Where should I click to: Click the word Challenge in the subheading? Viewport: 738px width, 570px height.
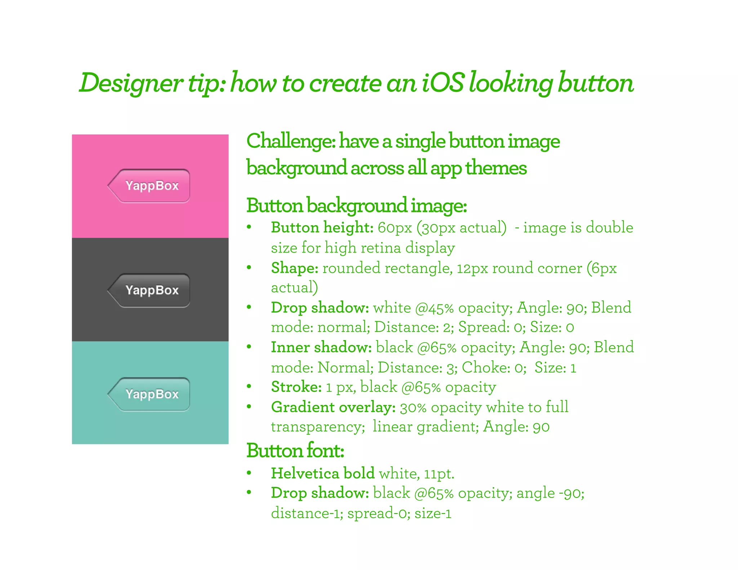pos(290,141)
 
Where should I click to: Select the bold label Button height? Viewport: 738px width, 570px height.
pos(322,228)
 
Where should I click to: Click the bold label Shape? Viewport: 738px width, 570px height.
pos(294,268)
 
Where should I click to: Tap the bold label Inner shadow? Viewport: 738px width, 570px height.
pos(321,347)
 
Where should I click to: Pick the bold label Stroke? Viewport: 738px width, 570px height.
pos(296,387)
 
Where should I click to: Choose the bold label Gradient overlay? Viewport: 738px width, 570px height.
pos(333,407)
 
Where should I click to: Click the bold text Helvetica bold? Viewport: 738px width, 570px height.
pos(323,473)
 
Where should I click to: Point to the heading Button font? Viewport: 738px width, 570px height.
pos(295,451)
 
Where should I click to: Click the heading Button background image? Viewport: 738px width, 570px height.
pos(356,206)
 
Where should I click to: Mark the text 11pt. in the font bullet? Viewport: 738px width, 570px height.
pos(439,474)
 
